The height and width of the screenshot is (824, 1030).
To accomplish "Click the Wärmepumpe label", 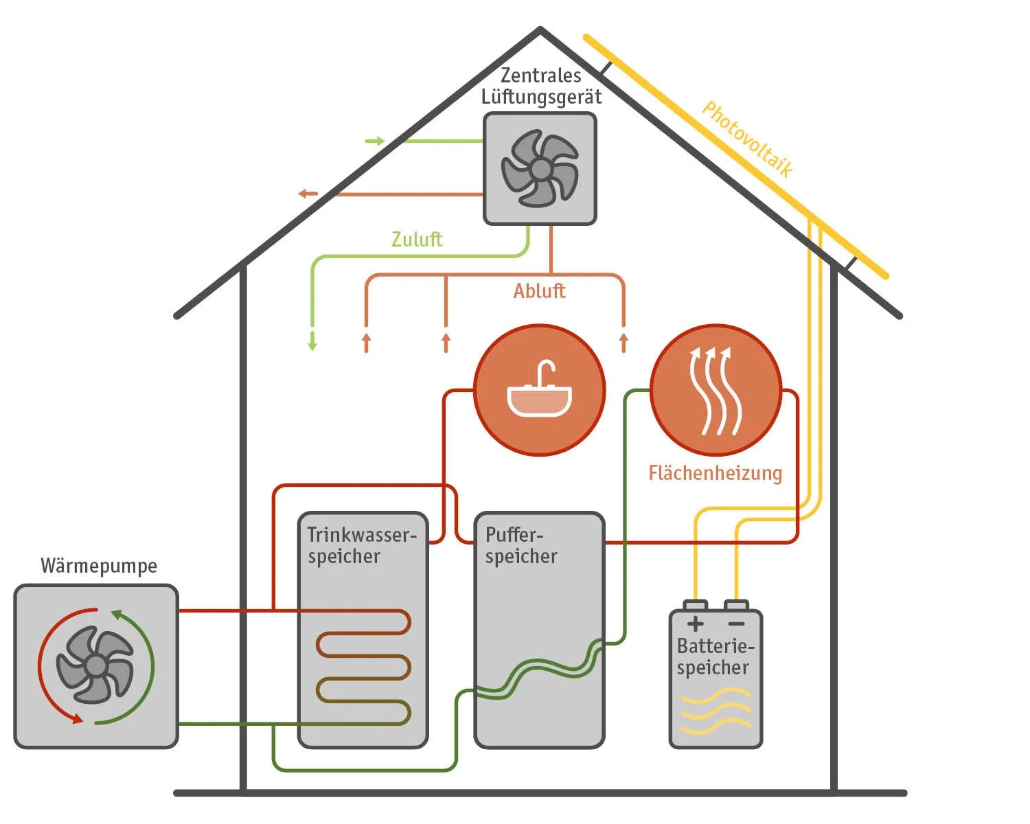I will click(99, 566).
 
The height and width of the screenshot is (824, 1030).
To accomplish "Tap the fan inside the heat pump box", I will click(95, 665).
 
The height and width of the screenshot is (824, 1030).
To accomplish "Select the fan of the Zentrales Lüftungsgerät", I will click(540, 169).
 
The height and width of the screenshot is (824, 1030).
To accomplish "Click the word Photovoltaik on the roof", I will click(747, 139).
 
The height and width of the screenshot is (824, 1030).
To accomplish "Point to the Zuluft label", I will click(417, 240).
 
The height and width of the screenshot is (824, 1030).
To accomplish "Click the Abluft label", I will click(539, 291).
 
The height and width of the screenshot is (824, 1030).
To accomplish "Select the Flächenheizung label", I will click(715, 473).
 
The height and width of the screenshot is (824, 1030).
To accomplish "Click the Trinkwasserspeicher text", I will click(362, 545).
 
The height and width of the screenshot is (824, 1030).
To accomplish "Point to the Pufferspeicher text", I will click(521, 545).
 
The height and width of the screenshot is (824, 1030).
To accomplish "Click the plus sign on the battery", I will click(695, 623).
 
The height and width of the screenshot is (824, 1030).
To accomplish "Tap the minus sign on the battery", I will click(736, 623).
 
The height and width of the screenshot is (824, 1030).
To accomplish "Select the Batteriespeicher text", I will click(715, 656).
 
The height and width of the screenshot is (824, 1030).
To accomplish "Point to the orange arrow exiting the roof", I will click(308, 194).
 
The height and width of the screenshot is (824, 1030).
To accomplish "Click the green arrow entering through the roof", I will click(375, 141).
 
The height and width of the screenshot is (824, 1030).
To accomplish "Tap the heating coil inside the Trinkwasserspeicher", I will click(364, 667).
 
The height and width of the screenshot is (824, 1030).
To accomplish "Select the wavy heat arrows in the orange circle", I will click(715, 391).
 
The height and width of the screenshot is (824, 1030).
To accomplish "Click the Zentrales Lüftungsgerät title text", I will click(541, 86).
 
